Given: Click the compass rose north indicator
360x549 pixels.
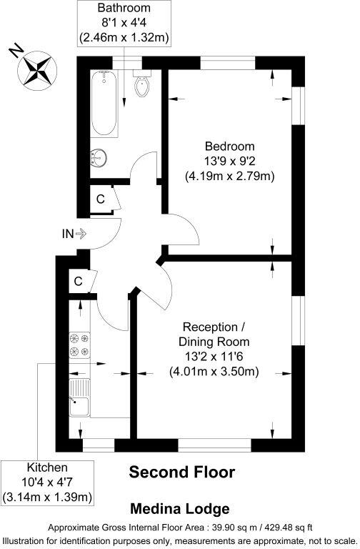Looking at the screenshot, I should coord(36,69).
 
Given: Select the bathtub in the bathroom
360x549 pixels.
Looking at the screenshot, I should coord(104,104).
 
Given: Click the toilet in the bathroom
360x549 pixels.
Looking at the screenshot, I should coord(141,86).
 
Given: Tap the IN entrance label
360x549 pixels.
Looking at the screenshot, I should coord(69,233).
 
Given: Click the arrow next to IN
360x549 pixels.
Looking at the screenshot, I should coord(81,233).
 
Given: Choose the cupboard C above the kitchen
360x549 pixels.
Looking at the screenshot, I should coord(78,282).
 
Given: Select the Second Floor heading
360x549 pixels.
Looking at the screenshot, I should coord(181,473).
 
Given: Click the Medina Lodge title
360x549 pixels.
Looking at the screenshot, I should coord(179,509).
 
